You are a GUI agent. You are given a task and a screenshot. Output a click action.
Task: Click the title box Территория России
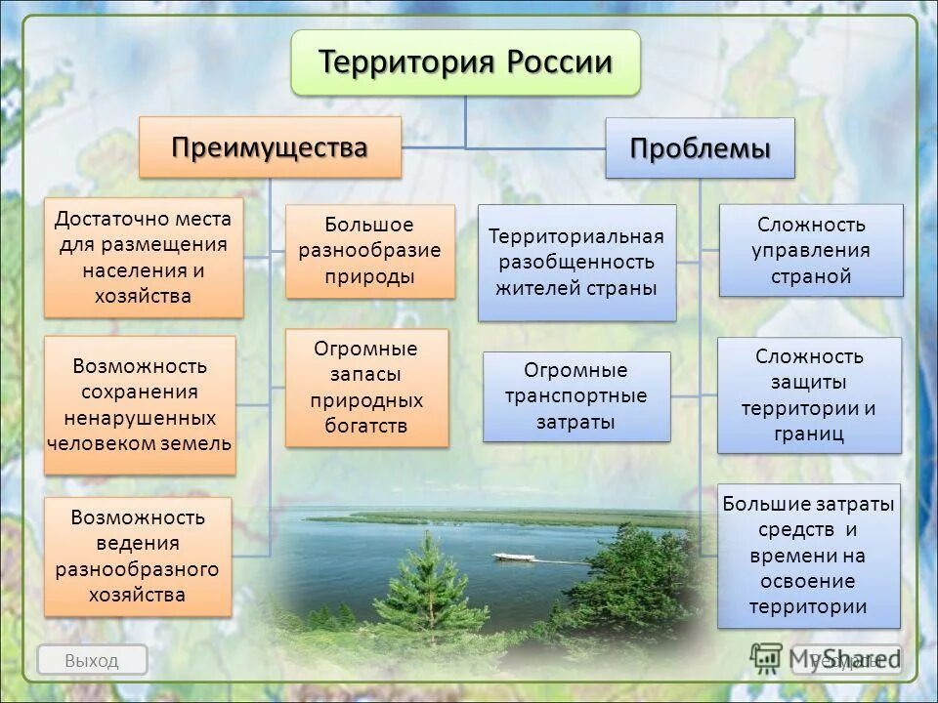465,62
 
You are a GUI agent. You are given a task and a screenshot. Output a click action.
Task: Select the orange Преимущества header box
270,147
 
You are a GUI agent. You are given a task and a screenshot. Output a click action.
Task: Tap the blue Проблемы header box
700,148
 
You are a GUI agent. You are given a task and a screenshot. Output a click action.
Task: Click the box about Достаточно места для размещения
143,257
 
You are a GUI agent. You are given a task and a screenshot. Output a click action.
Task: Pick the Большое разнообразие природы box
369,251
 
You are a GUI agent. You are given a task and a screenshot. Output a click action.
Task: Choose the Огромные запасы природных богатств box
365,388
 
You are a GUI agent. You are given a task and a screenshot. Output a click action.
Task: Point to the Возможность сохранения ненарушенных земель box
140,405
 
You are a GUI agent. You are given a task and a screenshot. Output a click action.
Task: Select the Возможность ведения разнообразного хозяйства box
137,556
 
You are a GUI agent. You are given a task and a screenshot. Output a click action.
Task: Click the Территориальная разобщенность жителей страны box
576,263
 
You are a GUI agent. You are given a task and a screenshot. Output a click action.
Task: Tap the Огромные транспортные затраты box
576,396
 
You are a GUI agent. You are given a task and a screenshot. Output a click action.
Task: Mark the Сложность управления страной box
810,250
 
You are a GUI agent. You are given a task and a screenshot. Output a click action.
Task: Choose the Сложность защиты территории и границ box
808,395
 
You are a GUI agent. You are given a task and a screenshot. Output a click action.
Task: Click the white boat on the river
513,558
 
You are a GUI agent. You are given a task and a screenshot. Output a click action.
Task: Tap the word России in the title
559,62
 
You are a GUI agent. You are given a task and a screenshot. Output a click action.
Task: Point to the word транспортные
576,396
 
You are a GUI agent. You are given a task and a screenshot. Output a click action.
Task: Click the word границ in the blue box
808,434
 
